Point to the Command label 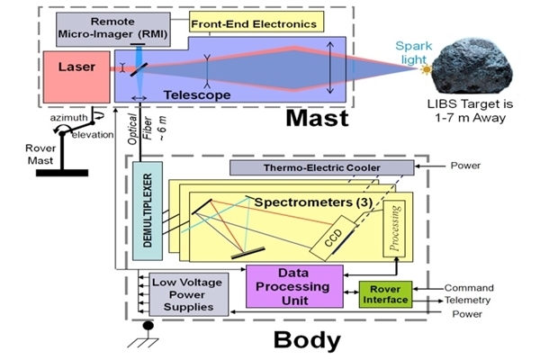(x=468, y=288)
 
